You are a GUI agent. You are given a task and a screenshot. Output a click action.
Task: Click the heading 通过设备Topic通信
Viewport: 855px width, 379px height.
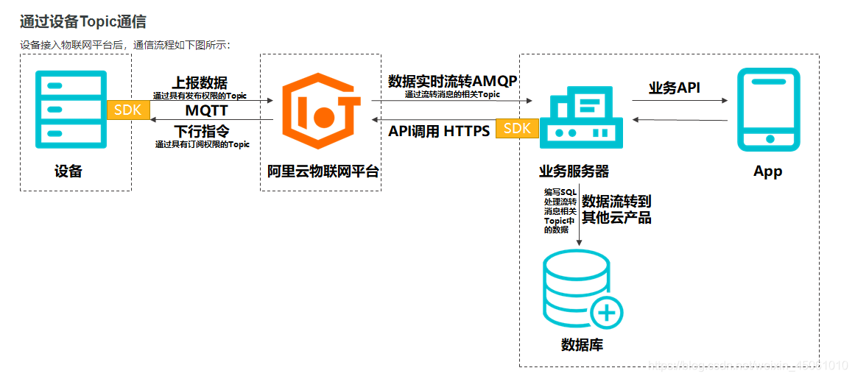pos(82,22)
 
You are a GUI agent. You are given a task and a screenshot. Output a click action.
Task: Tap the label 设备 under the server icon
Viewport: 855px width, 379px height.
pos(68,171)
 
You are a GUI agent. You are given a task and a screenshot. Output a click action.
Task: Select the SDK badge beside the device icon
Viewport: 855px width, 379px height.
pos(129,110)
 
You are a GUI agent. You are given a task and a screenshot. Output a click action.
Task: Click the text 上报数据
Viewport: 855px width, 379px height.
pos(200,82)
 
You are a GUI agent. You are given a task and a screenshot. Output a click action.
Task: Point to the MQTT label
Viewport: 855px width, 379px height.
pos(206,111)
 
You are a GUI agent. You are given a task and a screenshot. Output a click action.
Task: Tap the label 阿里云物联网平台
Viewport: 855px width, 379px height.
pos(323,171)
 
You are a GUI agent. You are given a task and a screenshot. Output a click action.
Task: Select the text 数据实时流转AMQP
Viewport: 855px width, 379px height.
pos(452,81)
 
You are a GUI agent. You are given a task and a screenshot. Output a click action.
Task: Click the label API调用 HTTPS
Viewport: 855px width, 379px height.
pos(439,132)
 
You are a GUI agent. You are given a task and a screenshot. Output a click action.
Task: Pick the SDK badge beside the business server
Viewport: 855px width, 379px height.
pos(517,128)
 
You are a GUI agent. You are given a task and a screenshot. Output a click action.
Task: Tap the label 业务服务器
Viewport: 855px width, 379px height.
pos(574,171)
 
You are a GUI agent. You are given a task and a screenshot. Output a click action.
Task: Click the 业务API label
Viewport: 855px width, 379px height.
pos(674,88)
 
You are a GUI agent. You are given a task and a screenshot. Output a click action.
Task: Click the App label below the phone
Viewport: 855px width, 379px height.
pos(767,171)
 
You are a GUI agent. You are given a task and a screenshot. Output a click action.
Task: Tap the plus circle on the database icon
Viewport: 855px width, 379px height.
pos(606,314)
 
